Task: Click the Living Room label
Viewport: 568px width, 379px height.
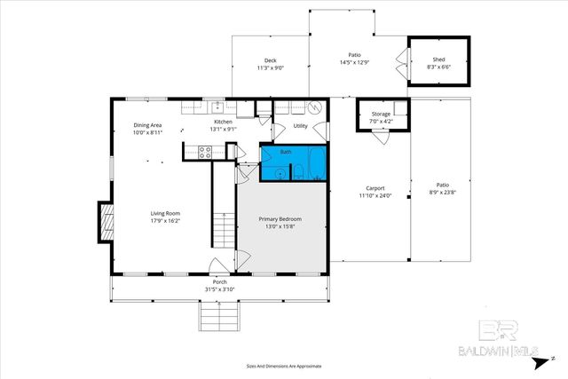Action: (x=165, y=213)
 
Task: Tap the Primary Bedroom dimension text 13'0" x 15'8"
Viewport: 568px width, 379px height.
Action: (x=280, y=227)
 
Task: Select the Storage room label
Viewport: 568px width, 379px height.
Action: (x=381, y=114)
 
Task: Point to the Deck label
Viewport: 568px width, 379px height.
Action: (x=270, y=60)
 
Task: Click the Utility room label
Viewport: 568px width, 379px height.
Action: (x=300, y=126)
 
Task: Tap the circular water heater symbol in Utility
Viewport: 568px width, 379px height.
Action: (x=316, y=106)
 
